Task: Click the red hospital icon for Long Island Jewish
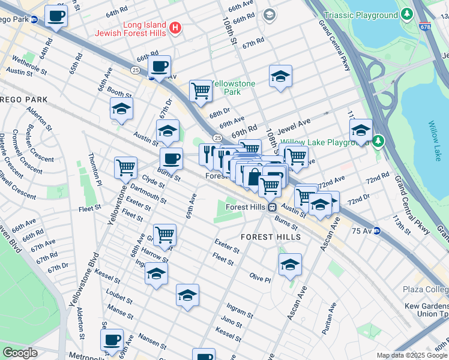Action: (x=175, y=28)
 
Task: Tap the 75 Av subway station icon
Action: (x=377, y=230)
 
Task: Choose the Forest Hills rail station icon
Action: (x=272, y=207)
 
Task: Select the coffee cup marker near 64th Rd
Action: (x=56, y=16)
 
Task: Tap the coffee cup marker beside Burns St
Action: (x=171, y=158)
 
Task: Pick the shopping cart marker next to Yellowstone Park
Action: (x=200, y=91)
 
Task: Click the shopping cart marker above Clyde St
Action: (x=125, y=167)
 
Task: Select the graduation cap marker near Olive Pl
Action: (x=290, y=264)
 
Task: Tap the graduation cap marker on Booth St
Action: (x=121, y=110)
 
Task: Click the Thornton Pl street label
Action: (x=95, y=168)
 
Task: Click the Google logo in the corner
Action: (x=20, y=353)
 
